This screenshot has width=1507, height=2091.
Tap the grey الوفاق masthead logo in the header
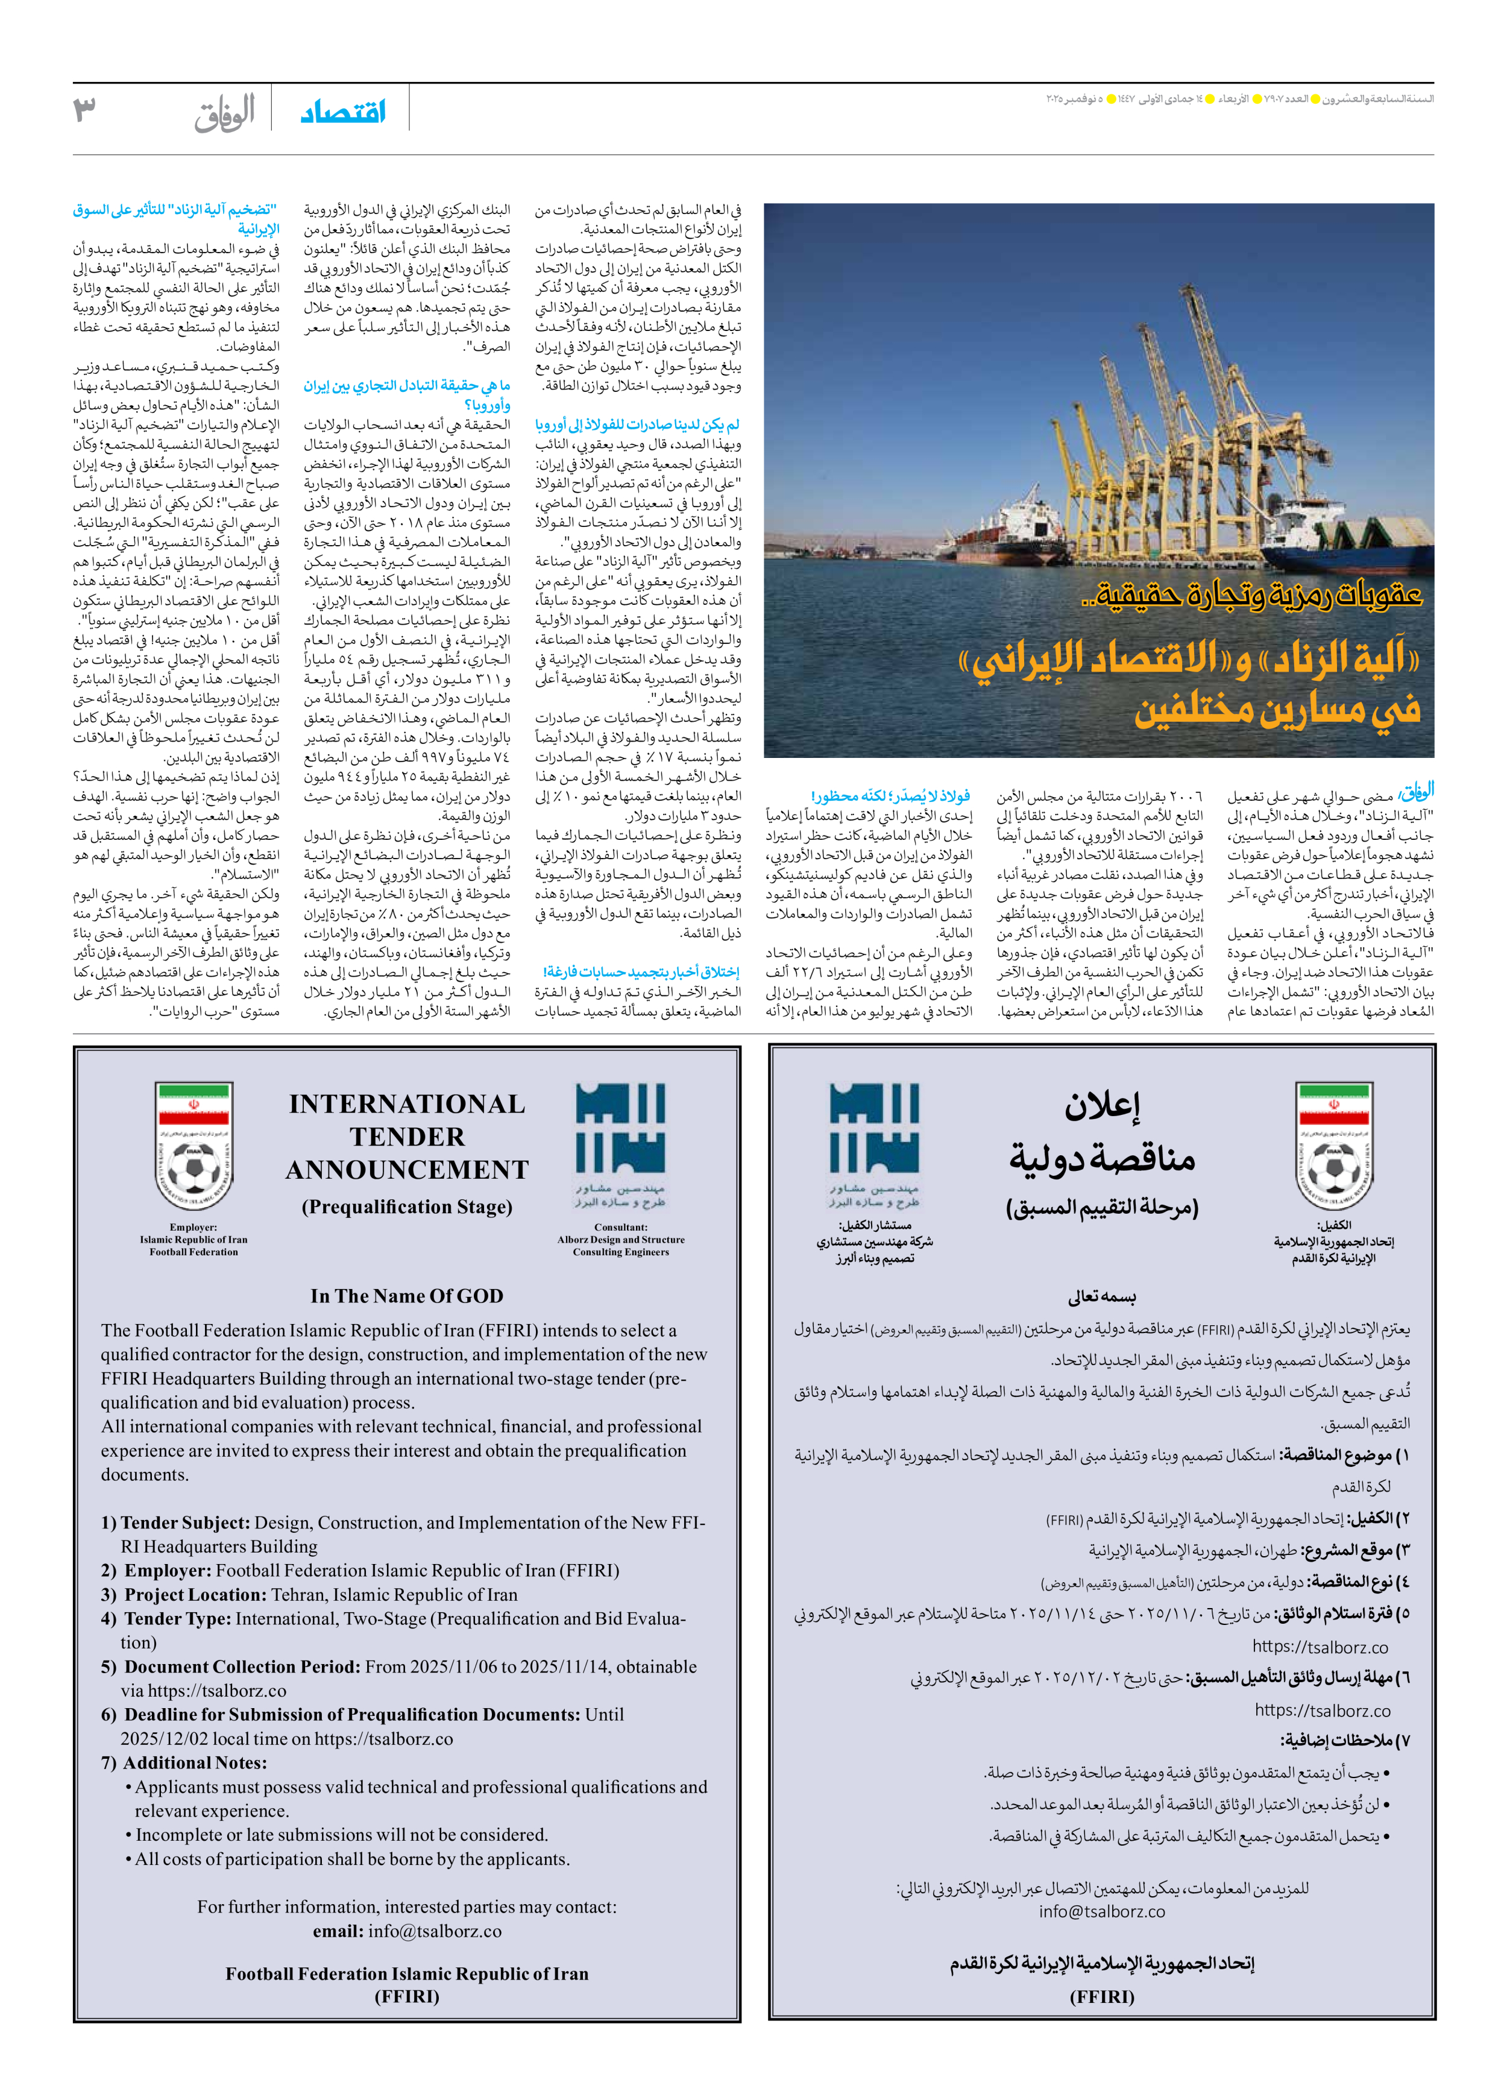pos(224,113)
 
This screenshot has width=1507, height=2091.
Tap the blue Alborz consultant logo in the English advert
pos(620,1129)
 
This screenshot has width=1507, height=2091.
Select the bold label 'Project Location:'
pos(195,1594)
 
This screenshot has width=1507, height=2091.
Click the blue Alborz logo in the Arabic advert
pos(874,1129)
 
